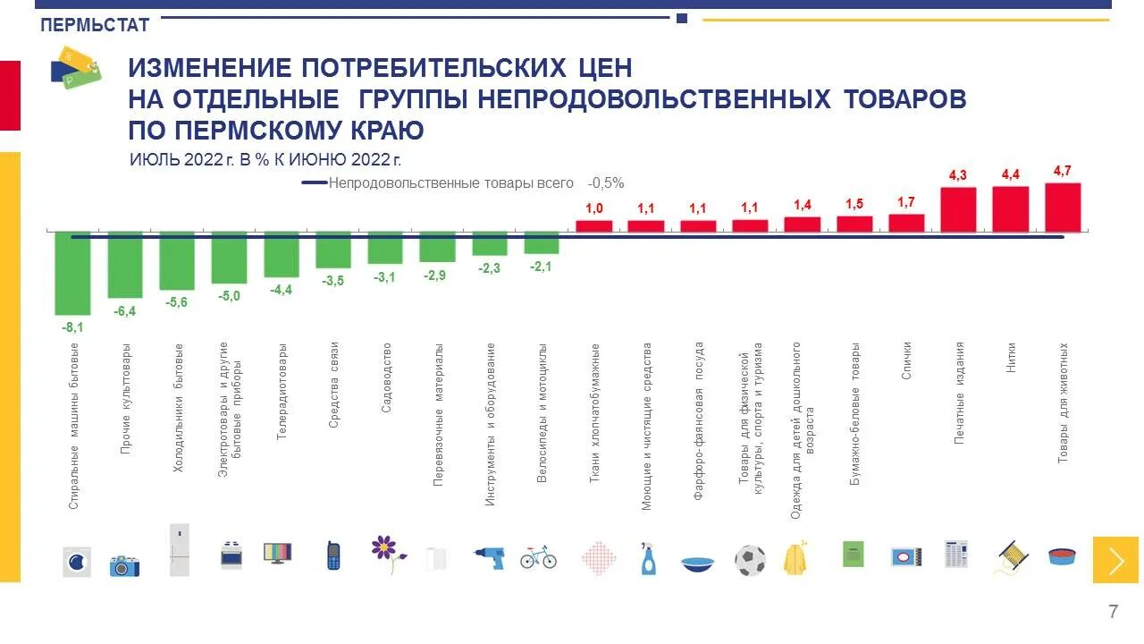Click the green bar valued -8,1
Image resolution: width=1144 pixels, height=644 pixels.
pyautogui.click(x=72, y=273)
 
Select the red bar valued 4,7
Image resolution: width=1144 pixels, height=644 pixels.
pyautogui.click(x=1063, y=208)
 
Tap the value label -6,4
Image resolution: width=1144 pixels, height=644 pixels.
pyautogui.click(x=124, y=311)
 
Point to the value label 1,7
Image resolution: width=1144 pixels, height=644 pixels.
pyautogui.click(x=906, y=202)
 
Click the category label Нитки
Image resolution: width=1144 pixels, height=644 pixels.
pyautogui.click(x=1011, y=358)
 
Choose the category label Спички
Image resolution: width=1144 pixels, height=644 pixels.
pyautogui.click(x=906, y=361)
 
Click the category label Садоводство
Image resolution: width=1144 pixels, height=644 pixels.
pyautogui.click(x=386, y=376)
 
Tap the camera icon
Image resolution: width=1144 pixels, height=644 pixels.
pyautogui.click(x=124, y=565)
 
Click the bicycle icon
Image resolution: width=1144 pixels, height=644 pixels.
pyautogui.click(x=538, y=557)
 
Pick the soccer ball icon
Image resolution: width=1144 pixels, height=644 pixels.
pyautogui.click(x=750, y=560)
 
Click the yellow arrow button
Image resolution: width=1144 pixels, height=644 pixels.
pyautogui.click(x=1115, y=560)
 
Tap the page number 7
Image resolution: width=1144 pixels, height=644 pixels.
pyautogui.click(x=1113, y=612)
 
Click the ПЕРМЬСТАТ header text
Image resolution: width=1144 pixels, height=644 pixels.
pyautogui.click(x=95, y=26)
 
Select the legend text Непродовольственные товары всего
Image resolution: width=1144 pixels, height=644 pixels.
pyautogui.click(x=450, y=182)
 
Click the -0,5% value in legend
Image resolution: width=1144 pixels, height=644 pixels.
pyautogui.click(x=606, y=182)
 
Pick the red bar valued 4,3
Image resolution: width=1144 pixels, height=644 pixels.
pyautogui.click(x=958, y=209)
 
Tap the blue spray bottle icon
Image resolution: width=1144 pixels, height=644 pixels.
pyautogui.click(x=648, y=558)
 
